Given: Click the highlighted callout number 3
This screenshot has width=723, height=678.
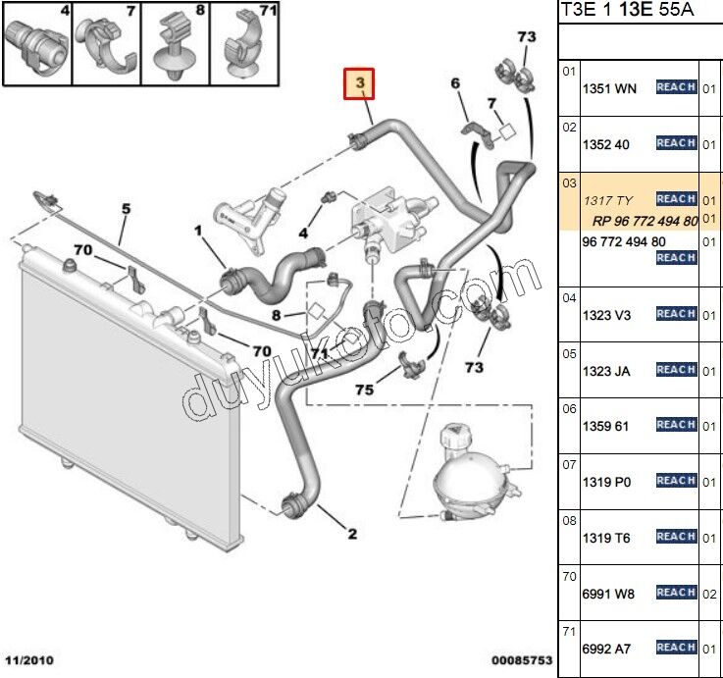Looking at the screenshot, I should [360, 85].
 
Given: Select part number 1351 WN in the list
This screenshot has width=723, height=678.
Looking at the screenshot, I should [609, 88].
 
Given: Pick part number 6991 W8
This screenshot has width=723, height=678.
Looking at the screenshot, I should [609, 593].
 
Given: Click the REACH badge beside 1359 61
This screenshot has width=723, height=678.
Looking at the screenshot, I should [676, 425].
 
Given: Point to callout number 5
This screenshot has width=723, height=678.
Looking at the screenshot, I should [126, 208].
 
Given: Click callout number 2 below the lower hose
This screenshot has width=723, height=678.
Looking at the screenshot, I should [351, 534].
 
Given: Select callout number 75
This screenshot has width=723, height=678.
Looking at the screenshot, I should [364, 390].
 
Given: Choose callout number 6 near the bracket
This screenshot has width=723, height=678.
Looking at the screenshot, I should [455, 84].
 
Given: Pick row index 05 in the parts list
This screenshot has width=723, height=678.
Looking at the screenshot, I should [569, 353].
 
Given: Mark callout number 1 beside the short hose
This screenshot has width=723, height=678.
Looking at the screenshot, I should [197, 233].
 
